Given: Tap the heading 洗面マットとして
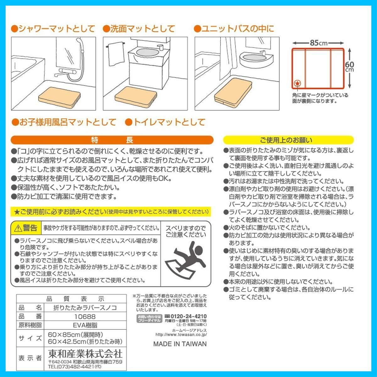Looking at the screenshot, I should pyautogui.click(x=139, y=29).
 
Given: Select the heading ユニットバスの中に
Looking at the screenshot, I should pyautogui.click(x=234, y=29).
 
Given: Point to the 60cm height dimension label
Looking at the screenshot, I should pyautogui.click(x=349, y=66).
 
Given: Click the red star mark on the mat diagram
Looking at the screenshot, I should pyautogui.click(x=297, y=84).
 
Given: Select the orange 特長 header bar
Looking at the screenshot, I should pyautogui.click(x=112, y=140).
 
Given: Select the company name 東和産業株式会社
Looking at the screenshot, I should pyautogui.click(x=85, y=353).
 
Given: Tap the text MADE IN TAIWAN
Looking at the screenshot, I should pyautogui.click(x=180, y=344).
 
